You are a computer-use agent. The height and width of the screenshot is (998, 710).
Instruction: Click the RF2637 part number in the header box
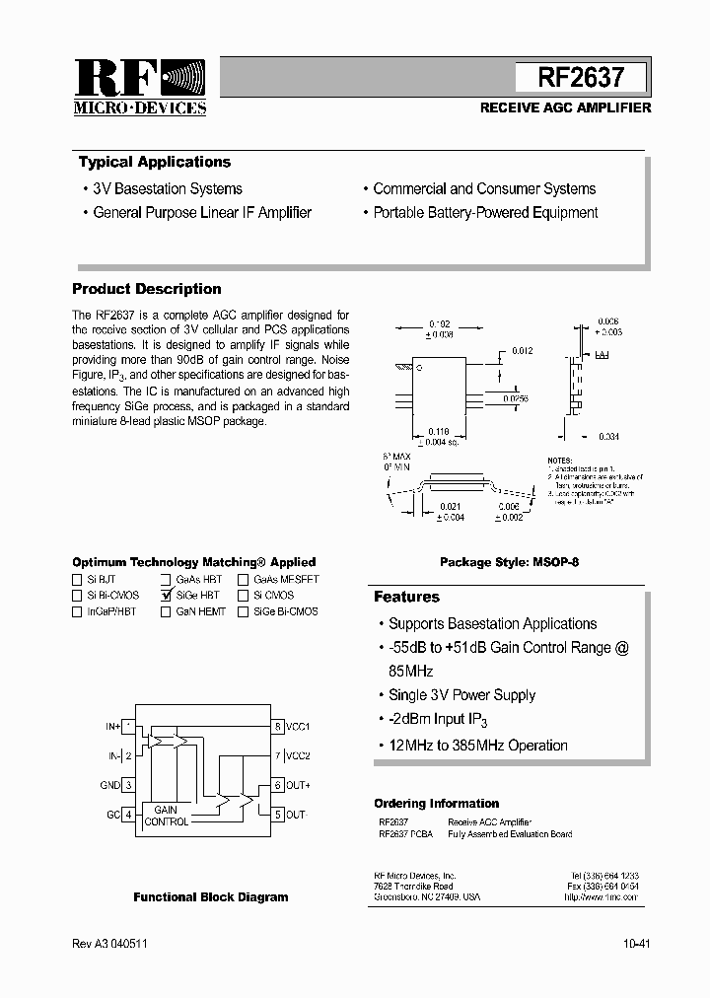pyautogui.click(x=581, y=77)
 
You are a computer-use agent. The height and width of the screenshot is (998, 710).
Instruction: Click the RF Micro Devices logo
pyautogui.click(x=140, y=87)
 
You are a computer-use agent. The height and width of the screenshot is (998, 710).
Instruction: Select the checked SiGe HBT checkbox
pyautogui.click(x=168, y=596)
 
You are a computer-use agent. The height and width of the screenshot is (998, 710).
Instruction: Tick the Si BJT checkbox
pyautogui.click(x=78, y=580)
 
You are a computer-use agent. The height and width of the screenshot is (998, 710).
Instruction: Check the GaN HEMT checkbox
pyautogui.click(x=168, y=611)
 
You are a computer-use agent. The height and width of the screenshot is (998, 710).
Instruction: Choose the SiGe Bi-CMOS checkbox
pyautogui.click(x=243, y=611)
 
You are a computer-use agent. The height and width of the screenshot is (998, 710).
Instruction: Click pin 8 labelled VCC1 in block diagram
pyautogui.click(x=279, y=727)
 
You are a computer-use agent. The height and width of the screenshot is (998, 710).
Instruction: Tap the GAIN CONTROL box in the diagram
pyautogui.click(x=166, y=815)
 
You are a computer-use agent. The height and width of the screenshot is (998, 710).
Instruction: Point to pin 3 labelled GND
pyautogui.click(x=128, y=786)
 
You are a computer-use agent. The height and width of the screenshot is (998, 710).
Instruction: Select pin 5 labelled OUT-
pyautogui.click(x=279, y=815)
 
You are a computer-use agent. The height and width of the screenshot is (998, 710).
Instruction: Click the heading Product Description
pyautogui.click(x=147, y=289)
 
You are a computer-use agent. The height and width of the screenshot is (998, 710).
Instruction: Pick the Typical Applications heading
pyautogui.click(x=155, y=162)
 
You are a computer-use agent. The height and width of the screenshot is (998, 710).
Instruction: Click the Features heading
pyautogui.click(x=406, y=597)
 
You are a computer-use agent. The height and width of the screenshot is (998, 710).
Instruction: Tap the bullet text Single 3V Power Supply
pyautogui.click(x=461, y=695)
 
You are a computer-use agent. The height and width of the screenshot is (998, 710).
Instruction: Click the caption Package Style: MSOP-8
pyautogui.click(x=509, y=562)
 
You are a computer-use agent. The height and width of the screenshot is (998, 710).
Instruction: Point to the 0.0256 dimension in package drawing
pyautogui.click(x=516, y=398)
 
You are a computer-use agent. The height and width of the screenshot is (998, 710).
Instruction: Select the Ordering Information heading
pyautogui.click(x=436, y=803)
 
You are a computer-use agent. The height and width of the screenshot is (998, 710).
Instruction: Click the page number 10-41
pyautogui.click(x=636, y=944)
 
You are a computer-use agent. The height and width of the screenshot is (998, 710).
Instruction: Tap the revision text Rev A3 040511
pyautogui.click(x=110, y=944)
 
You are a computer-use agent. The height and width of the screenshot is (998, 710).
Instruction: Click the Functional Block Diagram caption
pyautogui.click(x=211, y=897)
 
